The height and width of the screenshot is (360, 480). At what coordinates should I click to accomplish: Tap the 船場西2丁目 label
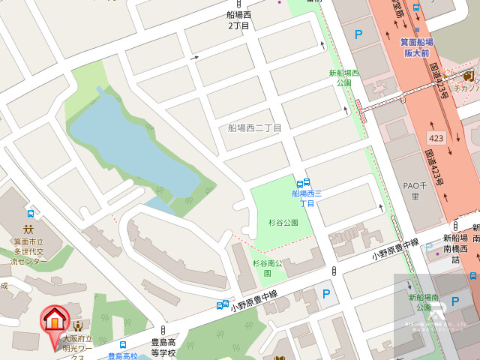(238, 19)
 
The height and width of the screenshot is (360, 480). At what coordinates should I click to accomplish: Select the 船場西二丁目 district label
(255, 128)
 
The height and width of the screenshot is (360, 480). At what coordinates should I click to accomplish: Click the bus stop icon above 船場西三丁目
(303, 183)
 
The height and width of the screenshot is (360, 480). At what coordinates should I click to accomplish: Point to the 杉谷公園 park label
(283, 223)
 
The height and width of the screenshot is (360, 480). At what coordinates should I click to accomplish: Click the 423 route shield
(436, 138)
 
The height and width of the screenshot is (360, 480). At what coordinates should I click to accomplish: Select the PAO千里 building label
(415, 191)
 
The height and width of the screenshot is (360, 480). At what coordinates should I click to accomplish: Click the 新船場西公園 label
(344, 77)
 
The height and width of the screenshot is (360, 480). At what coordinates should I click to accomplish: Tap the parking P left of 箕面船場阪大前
(358, 34)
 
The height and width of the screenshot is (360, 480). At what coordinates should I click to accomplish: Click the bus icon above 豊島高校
(123, 346)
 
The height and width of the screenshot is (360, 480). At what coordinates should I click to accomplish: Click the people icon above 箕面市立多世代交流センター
(28, 229)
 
